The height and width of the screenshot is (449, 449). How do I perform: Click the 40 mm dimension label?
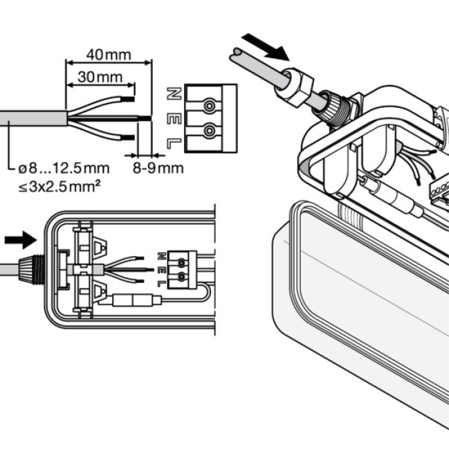click(x=109, y=55)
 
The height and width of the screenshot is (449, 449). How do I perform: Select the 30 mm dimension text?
click(x=100, y=77)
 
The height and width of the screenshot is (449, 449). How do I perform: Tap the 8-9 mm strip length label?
click(x=158, y=168)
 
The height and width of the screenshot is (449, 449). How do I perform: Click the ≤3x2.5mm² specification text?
click(x=63, y=185)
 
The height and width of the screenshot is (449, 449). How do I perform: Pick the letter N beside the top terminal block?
click(x=172, y=94)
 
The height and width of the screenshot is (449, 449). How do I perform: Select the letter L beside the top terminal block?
click(x=172, y=144)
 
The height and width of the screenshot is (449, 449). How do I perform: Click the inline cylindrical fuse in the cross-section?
click(x=135, y=300)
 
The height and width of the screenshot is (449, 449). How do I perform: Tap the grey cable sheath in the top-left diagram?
click(x=32, y=119)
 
